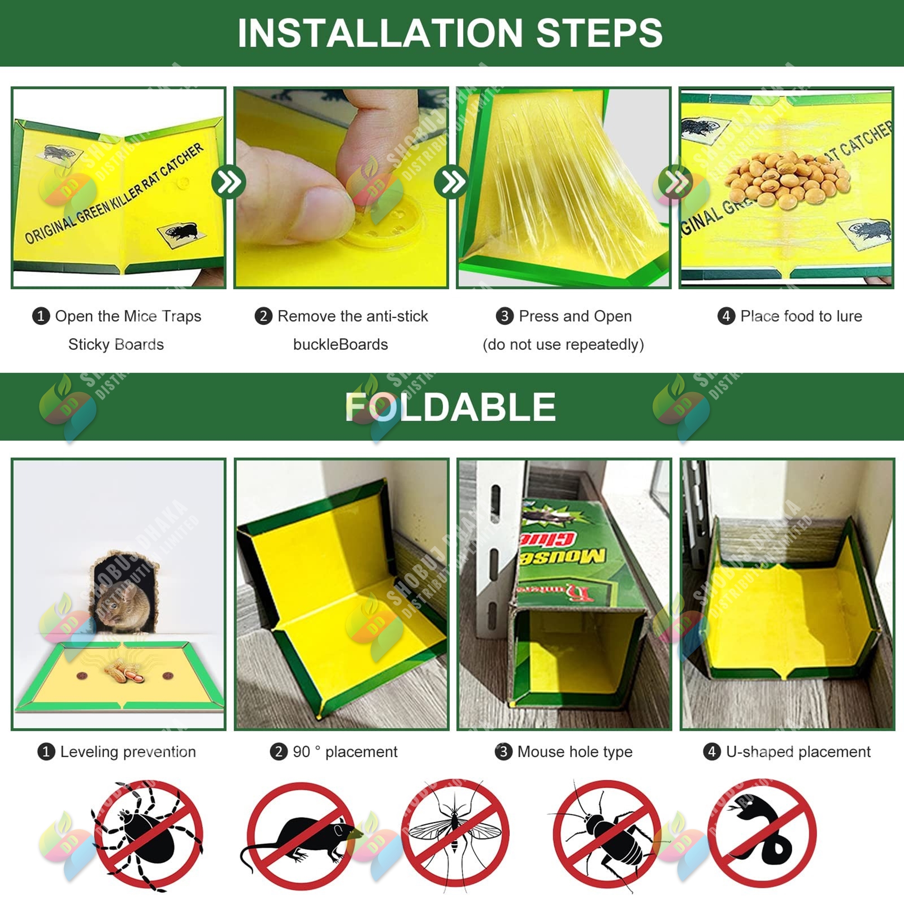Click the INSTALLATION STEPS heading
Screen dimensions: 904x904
(x=450, y=33)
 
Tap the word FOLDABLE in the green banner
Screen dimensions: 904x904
(x=450, y=407)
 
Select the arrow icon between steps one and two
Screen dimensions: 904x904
(x=228, y=182)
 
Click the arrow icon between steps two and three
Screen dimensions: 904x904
(x=451, y=182)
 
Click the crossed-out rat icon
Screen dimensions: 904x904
(x=300, y=836)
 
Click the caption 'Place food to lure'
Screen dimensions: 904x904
(x=800, y=316)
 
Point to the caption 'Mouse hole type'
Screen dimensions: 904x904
(x=574, y=752)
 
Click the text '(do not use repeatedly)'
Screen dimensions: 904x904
(x=563, y=345)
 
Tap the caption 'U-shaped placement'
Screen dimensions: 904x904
(x=798, y=752)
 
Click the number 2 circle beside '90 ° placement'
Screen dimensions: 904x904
(x=278, y=752)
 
